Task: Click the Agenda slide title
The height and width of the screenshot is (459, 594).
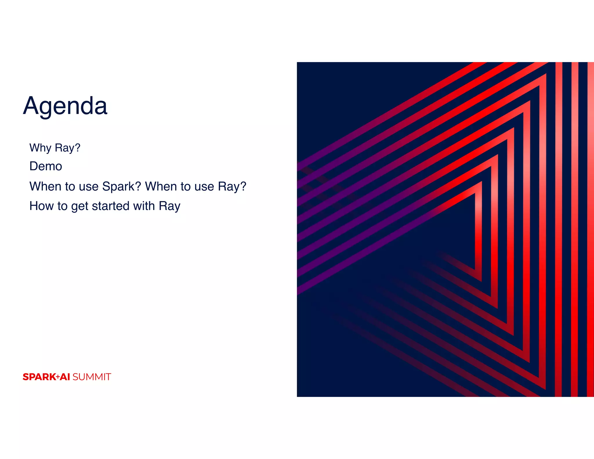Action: point(65,106)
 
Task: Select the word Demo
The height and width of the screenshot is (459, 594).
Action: point(46,167)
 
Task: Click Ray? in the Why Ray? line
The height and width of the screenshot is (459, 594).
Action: point(67,148)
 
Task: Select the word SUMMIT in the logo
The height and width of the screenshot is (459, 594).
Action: point(92,377)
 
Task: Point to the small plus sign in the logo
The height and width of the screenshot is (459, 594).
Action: point(58,377)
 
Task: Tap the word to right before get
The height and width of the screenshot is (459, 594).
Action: point(62,206)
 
